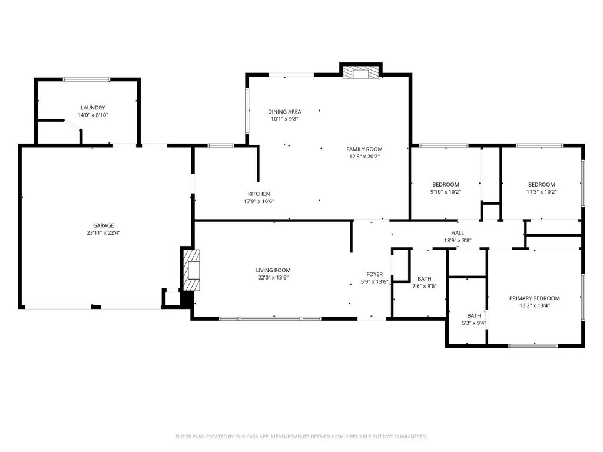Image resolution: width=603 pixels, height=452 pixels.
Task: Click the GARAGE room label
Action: coord(104,225)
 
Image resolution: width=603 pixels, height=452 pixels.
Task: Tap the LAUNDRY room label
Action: coord(92,108)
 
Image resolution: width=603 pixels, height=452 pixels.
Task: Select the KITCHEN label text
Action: coord(259,194)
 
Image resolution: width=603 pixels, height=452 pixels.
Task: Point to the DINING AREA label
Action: coord(284,112)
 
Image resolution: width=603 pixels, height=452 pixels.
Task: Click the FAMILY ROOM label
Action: coord(364,149)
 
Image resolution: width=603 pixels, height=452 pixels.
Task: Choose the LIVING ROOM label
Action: coord(273,270)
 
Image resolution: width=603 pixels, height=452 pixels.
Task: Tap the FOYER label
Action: coord(375,274)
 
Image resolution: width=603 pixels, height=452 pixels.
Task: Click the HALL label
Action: coord(458,233)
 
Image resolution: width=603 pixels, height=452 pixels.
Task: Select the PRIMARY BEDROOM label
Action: coord(535,298)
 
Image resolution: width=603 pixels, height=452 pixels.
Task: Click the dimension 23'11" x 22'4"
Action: coord(104,233)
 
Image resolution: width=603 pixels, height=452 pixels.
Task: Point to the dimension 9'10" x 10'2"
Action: coord(446,192)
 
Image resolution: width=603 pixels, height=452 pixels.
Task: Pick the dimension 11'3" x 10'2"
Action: coord(542,192)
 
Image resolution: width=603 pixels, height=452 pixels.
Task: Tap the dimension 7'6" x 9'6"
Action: coord(424,287)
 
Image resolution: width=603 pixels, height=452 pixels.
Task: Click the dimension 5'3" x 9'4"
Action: coord(474,323)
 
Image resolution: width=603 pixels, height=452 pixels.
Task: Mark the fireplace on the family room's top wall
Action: coord(361,71)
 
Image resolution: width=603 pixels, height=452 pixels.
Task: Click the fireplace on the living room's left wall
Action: coord(191,270)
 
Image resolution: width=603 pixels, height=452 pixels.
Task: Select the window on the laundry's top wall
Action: coord(87,80)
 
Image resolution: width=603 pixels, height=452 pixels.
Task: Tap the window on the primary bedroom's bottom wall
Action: coord(533,346)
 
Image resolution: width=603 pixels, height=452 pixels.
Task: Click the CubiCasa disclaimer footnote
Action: coord(301,437)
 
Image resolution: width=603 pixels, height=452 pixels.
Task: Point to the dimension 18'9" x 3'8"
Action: coord(458,241)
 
